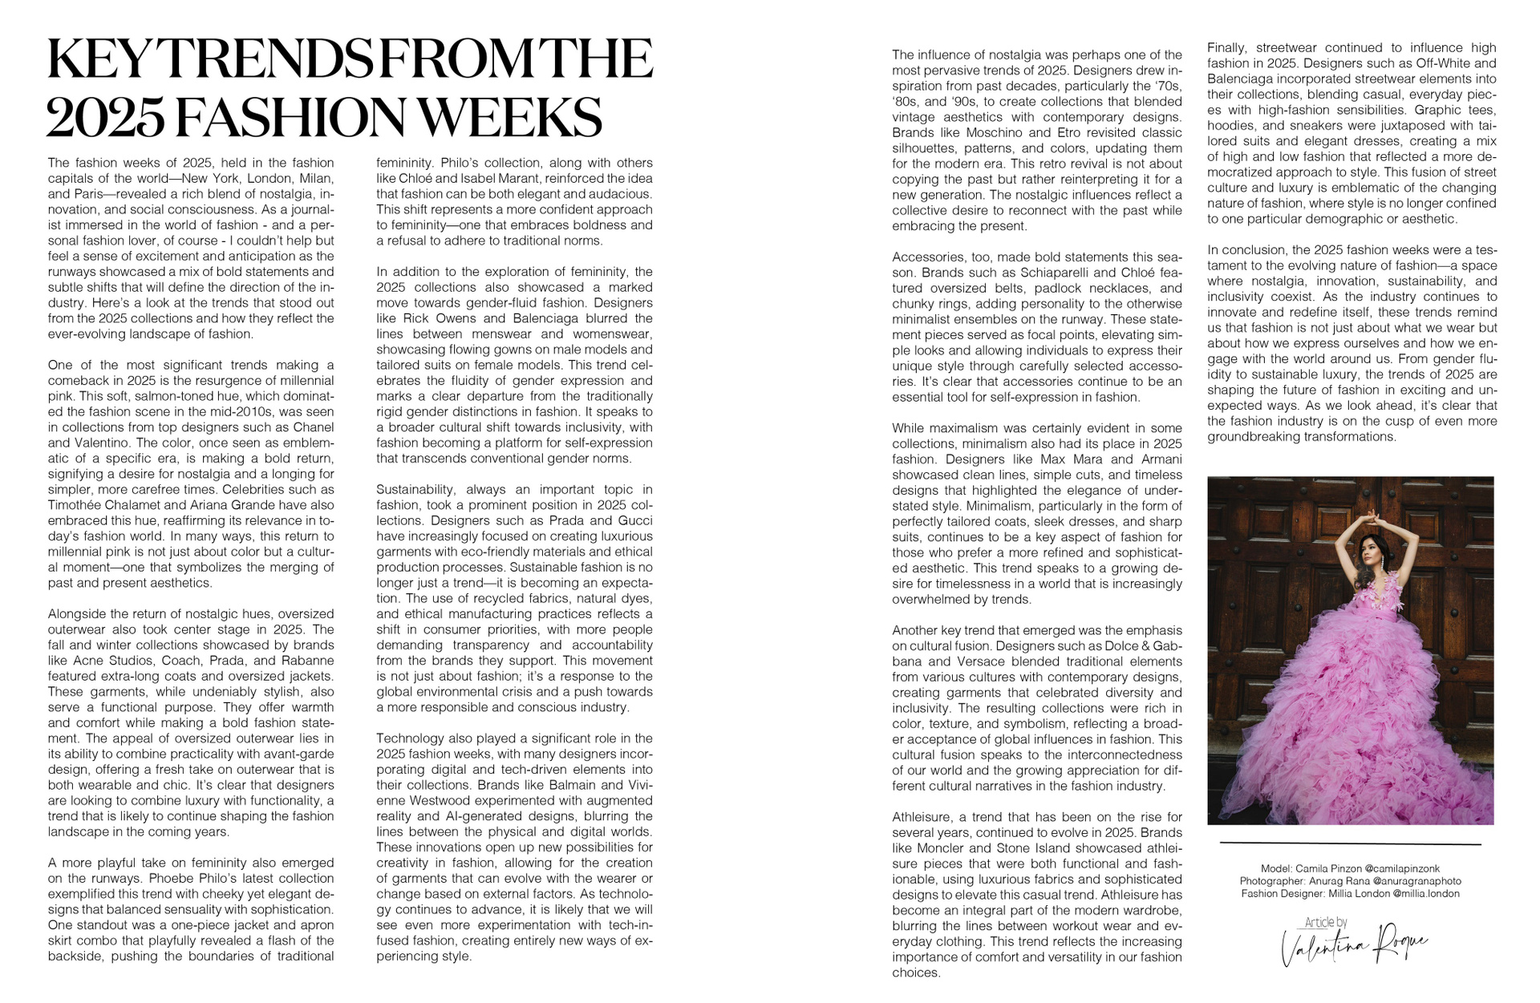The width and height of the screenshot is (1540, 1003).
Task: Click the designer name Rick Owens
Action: click(434, 318)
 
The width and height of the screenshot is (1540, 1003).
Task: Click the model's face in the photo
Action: click(1367, 551)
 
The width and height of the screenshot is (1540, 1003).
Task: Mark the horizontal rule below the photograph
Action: click(1350, 843)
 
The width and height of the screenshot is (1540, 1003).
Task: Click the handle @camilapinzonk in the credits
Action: click(1402, 868)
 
